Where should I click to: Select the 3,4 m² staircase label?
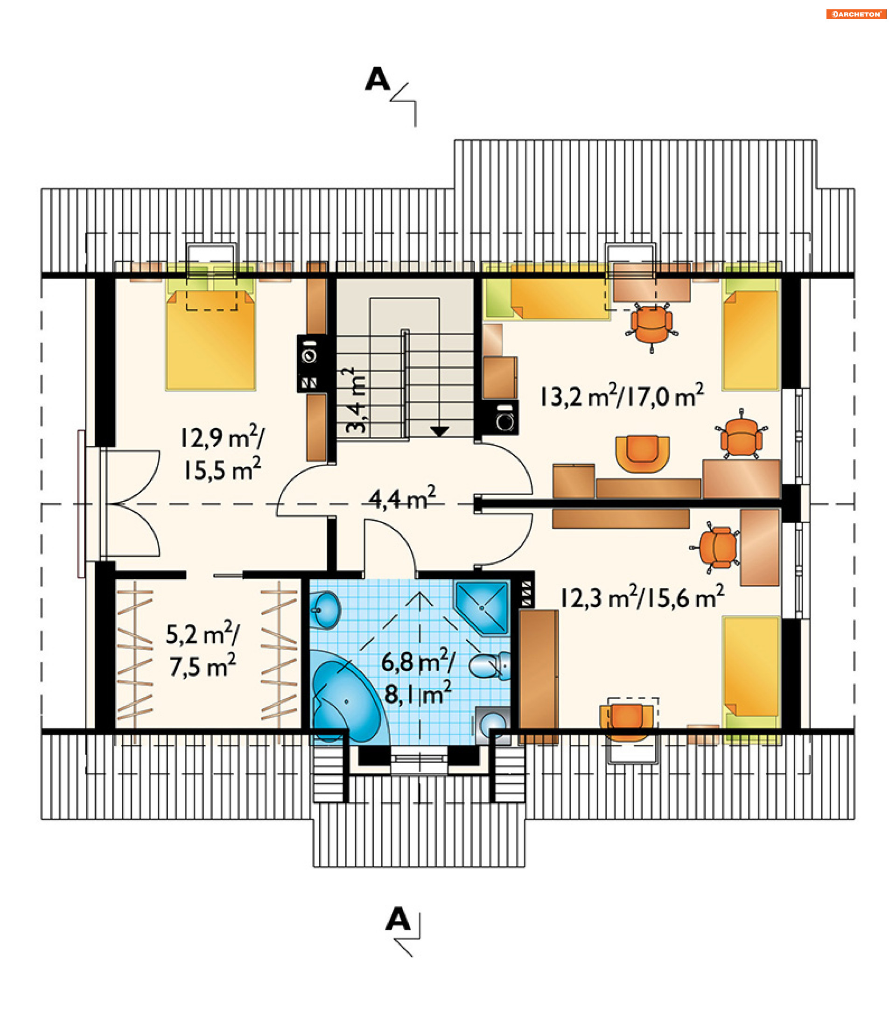click(357, 400)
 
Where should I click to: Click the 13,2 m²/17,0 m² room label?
click(622, 395)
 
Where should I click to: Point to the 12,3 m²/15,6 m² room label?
click(642, 596)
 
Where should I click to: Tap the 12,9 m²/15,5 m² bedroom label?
click(222, 453)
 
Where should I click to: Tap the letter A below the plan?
click(398, 919)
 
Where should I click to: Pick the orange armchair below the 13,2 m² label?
click(643, 454)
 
